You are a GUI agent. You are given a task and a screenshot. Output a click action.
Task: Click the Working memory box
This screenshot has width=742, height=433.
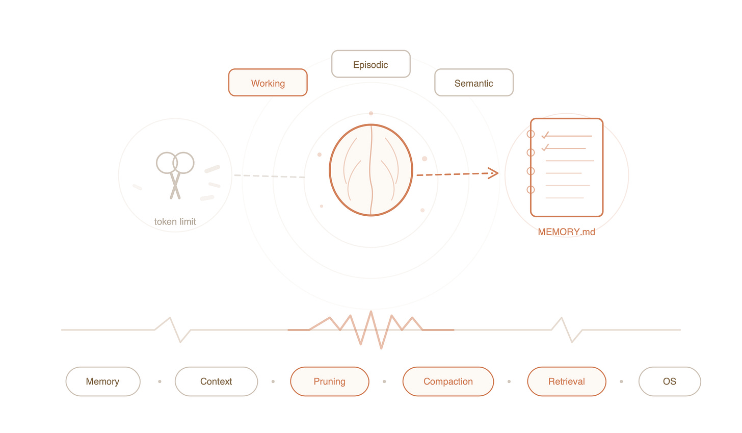click(x=268, y=83)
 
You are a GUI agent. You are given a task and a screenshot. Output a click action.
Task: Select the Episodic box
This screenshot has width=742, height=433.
click(x=371, y=64)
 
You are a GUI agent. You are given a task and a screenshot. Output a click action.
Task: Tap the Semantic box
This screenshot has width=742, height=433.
click(x=474, y=83)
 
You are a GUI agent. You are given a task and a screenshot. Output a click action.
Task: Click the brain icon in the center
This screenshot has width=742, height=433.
click(x=371, y=170)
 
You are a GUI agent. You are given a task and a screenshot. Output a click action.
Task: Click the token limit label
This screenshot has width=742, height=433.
click(x=175, y=222)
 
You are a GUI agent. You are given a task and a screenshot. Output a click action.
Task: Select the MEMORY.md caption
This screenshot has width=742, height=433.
click(x=566, y=232)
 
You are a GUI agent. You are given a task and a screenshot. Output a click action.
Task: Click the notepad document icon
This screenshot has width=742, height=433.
click(x=567, y=167)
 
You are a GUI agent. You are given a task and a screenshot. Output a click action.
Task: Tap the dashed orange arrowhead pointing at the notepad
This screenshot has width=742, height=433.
click(x=493, y=173)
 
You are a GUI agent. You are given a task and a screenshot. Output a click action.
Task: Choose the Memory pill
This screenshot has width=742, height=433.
click(x=103, y=381)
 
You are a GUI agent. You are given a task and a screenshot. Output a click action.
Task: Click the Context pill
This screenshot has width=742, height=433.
click(x=216, y=381)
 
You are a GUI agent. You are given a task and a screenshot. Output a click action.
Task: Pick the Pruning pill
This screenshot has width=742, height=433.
click(x=330, y=381)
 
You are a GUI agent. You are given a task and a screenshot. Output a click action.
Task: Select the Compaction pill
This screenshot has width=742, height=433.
click(x=448, y=381)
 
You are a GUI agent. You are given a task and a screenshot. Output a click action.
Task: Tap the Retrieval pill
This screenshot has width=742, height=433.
click(x=567, y=381)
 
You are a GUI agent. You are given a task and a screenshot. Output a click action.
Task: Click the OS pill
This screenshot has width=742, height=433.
click(x=670, y=381)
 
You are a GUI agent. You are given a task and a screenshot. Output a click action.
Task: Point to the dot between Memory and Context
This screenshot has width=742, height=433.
click(x=160, y=381)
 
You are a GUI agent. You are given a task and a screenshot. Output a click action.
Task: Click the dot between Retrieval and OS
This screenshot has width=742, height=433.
click(x=621, y=381)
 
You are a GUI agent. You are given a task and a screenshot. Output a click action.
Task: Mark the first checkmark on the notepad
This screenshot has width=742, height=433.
click(x=545, y=135)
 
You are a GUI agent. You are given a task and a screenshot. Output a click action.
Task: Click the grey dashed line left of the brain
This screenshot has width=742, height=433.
click(x=269, y=176)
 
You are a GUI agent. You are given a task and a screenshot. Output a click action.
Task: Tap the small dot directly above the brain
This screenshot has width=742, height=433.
click(x=371, y=113)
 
